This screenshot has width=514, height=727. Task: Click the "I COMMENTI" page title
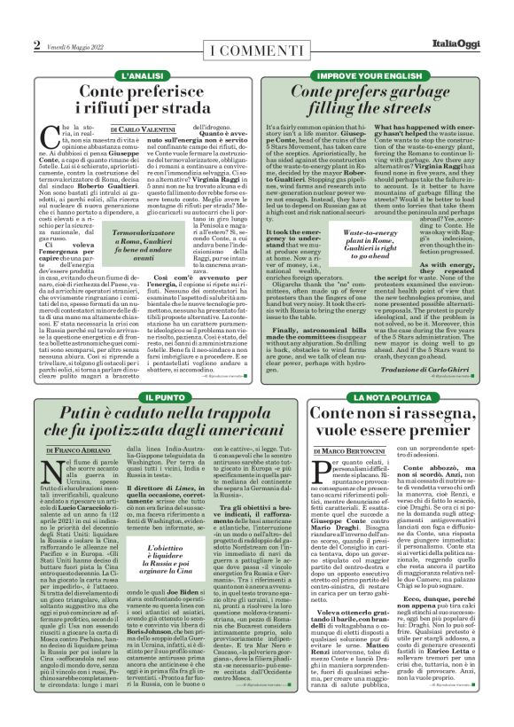(x=256, y=47)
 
